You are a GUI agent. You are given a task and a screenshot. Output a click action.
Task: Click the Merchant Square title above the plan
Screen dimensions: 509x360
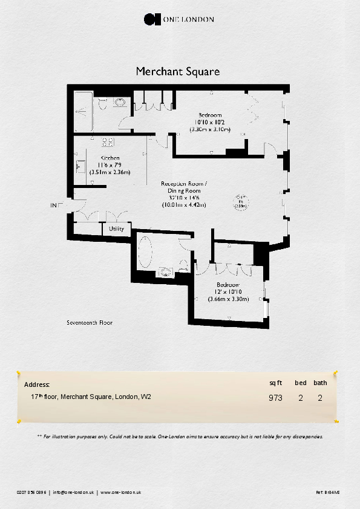click(x=177, y=71)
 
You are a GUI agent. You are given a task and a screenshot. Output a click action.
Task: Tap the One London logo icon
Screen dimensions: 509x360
click(x=151, y=19)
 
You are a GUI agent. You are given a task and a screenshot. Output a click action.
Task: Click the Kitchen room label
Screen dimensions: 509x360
click(x=110, y=158)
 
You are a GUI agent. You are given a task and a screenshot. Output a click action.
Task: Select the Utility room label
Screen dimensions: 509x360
click(x=116, y=229)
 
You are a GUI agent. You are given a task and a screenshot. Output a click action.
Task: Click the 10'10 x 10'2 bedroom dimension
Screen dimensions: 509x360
click(x=210, y=122)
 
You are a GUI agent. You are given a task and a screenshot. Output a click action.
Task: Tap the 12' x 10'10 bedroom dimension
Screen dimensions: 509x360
click(x=228, y=292)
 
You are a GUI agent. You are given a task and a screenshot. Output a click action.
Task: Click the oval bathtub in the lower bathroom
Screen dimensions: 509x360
click(x=146, y=253)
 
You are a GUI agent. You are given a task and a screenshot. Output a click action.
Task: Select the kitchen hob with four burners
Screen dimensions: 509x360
click(x=109, y=143)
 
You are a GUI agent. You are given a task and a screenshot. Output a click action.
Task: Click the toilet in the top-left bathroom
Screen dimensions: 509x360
click(x=102, y=104)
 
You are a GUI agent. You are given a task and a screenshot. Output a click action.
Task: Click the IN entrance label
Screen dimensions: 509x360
click(x=53, y=206)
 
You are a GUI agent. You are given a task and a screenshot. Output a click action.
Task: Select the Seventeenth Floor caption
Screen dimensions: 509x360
click(x=90, y=323)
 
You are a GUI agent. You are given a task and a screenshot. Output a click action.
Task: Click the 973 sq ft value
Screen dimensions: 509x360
click(x=275, y=398)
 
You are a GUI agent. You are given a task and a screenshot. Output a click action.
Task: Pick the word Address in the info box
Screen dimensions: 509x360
click(x=36, y=384)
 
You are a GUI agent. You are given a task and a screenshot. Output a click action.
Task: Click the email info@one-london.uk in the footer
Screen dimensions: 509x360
click(x=73, y=493)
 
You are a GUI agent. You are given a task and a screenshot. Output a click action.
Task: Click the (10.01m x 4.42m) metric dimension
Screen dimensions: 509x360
click(x=184, y=205)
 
